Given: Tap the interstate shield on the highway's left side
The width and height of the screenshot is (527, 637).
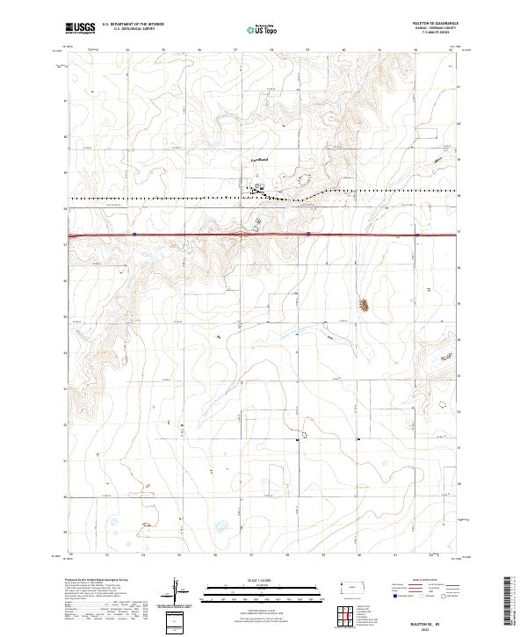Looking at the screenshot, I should click(134, 234).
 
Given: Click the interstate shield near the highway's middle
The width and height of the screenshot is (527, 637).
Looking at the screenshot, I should click(308, 234).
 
